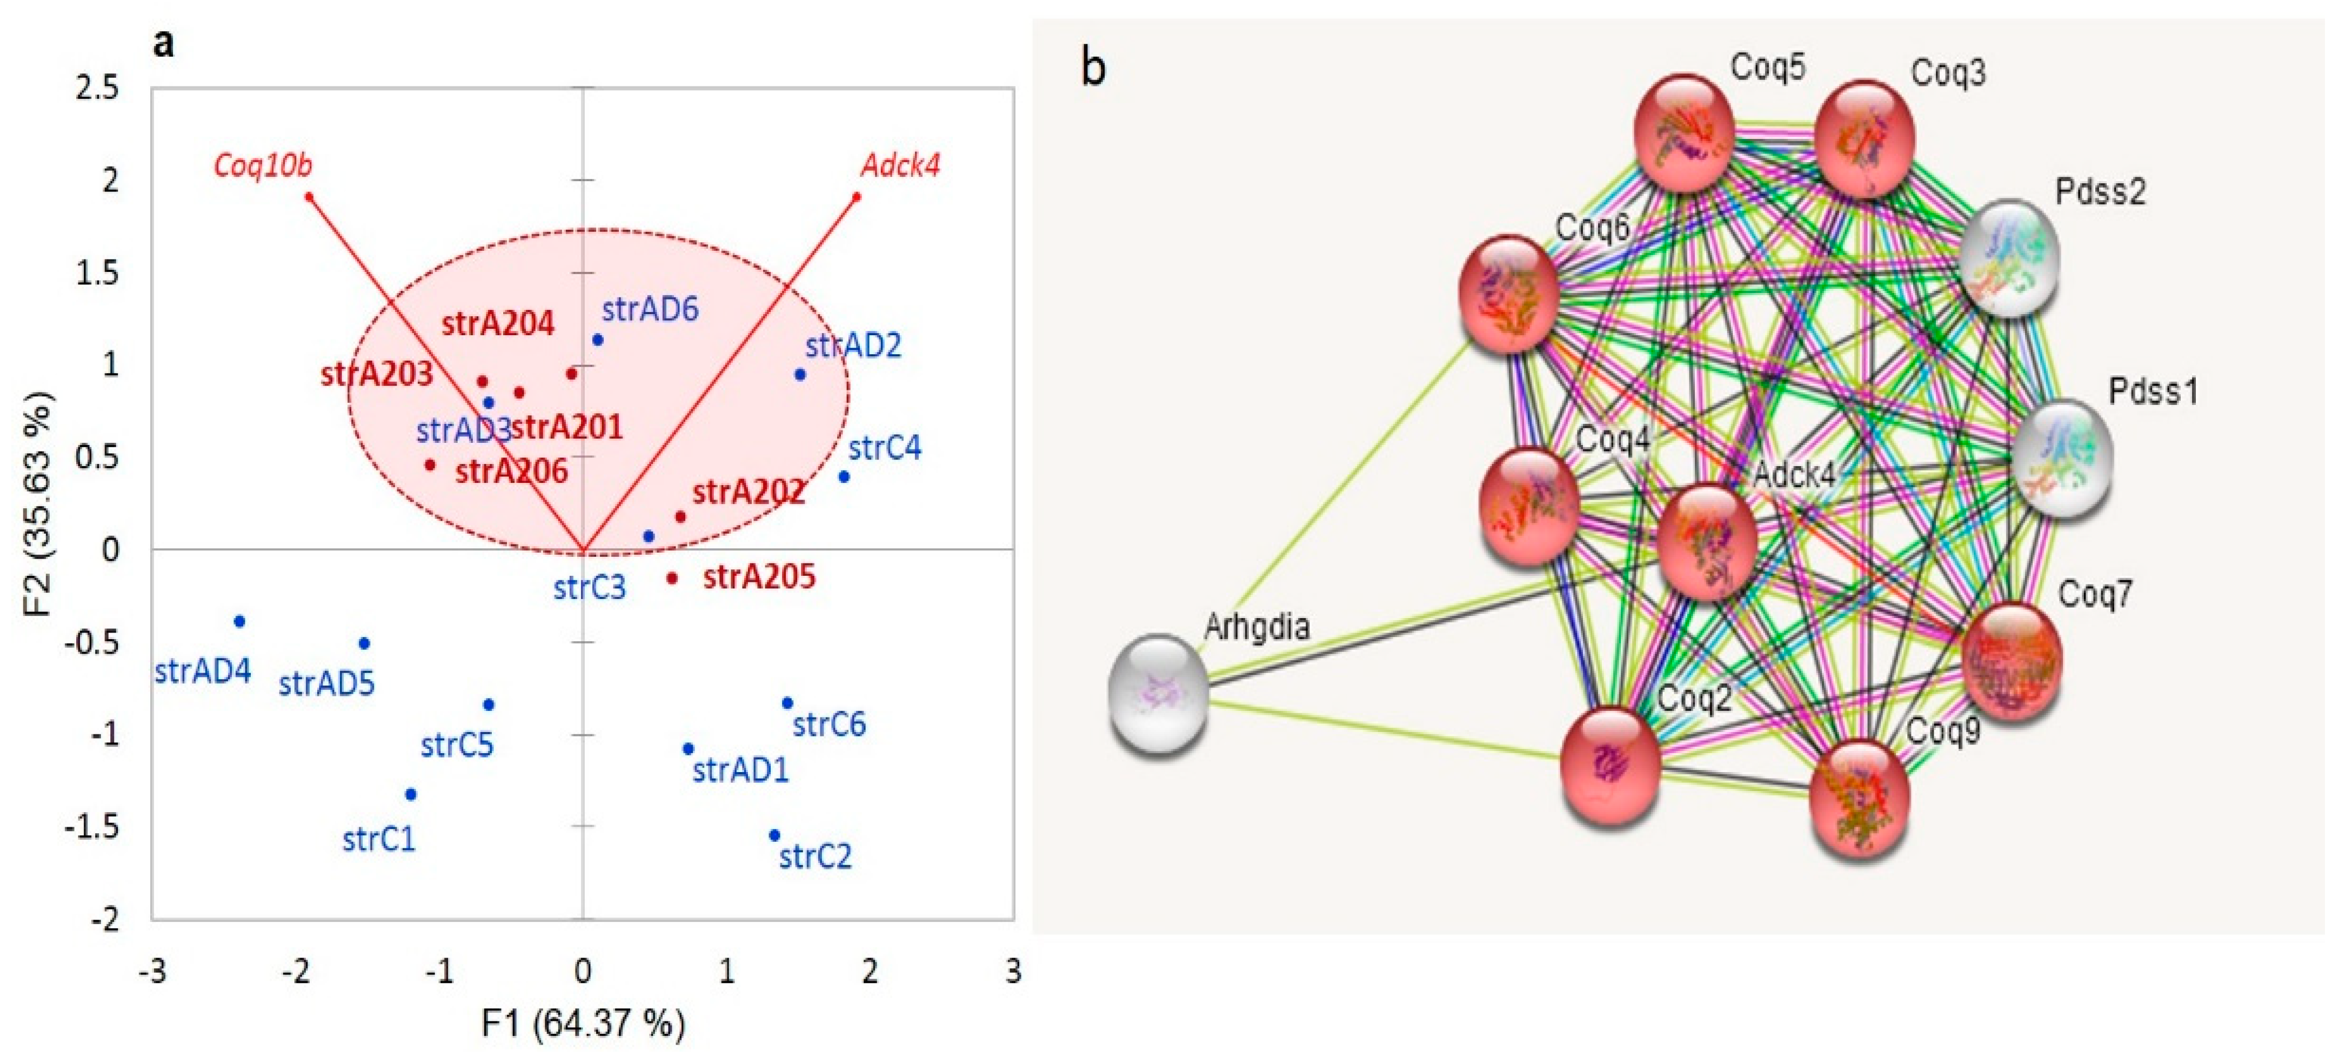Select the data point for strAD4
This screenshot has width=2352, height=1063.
pyautogui.click(x=239, y=621)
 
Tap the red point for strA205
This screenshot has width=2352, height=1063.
pyautogui.click(x=672, y=577)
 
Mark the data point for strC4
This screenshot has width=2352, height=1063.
pyautogui.click(x=844, y=476)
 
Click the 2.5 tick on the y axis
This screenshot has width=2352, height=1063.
pyautogui.click(x=98, y=89)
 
